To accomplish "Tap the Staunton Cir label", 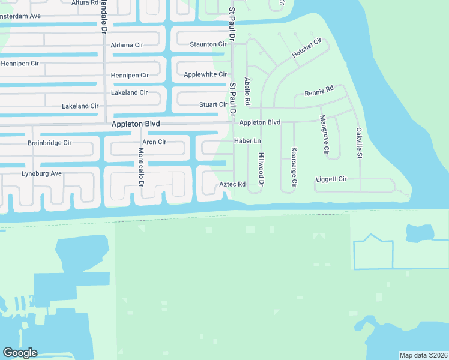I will coord(208,44).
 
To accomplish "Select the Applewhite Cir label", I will coord(205,74).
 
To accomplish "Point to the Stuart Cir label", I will coord(213,104).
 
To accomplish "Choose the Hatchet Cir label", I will coord(307,48).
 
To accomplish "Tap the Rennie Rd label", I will coord(319,92).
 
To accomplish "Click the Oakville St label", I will coord(358,143).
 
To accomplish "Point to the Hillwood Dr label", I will coord(261,169).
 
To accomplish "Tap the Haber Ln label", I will coord(247,141).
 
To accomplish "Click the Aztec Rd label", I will coord(232,184).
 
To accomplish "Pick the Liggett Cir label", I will coord(331,179).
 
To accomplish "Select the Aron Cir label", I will coord(154,142).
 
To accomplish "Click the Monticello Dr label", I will coord(141,166).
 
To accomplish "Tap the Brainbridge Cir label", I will coord(49,143).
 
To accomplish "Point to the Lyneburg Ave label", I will coord(42,173).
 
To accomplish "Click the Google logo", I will coord(20,353).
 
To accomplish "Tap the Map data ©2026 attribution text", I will coord(423,355).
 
